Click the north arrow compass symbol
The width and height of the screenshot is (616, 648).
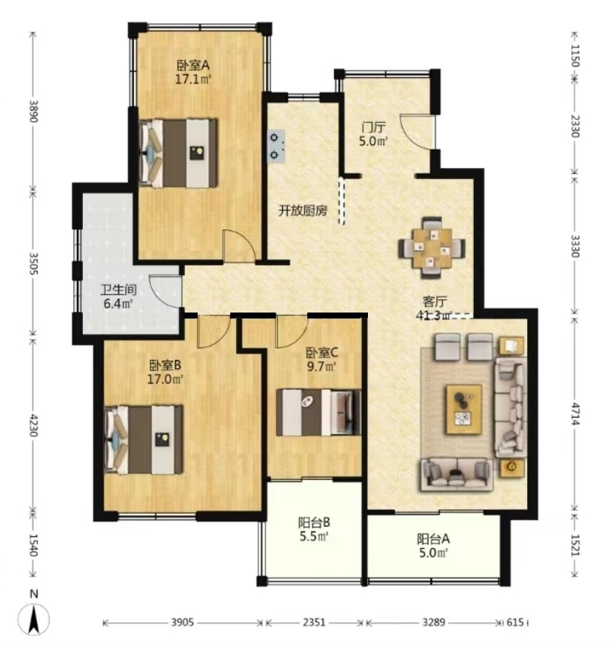click(x=34, y=618)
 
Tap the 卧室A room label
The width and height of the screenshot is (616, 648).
click(x=193, y=65)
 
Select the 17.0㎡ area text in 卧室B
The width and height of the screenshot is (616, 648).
click(x=165, y=378)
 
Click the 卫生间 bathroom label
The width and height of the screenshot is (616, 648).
click(x=118, y=290)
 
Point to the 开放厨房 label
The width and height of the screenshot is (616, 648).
click(x=303, y=211)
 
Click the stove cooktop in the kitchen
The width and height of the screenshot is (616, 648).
click(x=276, y=146)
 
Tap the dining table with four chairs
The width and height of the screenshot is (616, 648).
click(x=432, y=248)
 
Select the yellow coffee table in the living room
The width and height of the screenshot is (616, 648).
click(x=464, y=409)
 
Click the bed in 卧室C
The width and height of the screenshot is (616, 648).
click(x=318, y=412)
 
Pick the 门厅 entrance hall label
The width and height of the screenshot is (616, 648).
click(x=373, y=127)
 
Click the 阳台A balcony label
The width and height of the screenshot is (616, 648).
click(x=433, y=538)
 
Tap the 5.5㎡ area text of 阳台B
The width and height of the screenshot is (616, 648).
click(x=313, y=536)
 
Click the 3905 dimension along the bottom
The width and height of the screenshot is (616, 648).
click(x=182, y=622)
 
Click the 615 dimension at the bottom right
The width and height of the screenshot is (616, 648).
click(x=515, y=622)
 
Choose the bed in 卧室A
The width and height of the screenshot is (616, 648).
click(x=178, y=153)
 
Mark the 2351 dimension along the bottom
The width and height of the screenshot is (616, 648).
click(x=314, y=622)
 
